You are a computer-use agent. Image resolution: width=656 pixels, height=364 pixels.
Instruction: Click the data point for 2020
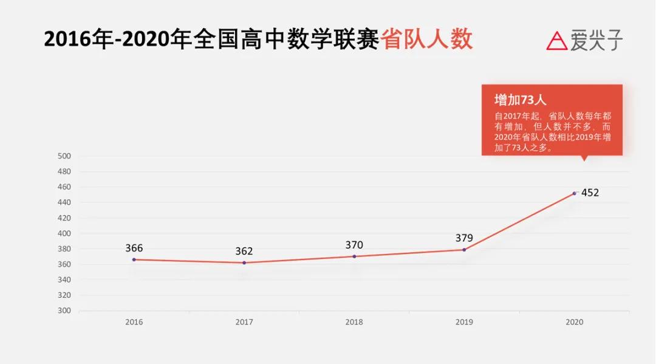click(x=574, y=193)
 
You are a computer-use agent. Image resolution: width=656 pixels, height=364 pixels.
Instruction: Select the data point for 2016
click(x=134, y=259)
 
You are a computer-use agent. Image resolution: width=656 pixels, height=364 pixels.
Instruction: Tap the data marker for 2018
click(x=354, y=256)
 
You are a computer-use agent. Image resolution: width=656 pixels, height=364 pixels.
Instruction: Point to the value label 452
click(x=590, y=193)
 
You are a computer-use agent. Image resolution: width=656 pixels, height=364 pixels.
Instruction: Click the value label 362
click(x=244, y=251)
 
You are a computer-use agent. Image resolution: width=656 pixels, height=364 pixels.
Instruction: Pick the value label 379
click(x=464, y=238)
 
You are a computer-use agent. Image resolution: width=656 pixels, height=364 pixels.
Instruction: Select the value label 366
click(x=134, y=248)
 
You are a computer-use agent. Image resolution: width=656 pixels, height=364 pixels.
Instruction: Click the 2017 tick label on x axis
click(x=244, y=322)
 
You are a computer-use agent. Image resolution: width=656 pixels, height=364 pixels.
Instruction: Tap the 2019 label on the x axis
click(x=464, y=322)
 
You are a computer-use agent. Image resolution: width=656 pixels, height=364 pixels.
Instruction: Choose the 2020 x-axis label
click(x=574, y=322)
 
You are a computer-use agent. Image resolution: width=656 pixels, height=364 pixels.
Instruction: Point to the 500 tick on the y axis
click(x=65, y=156)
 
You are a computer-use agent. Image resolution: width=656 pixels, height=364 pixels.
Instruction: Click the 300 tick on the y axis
click(x=65, y=311)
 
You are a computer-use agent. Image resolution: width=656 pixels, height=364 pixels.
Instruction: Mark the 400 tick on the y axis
click(x=65, y=233)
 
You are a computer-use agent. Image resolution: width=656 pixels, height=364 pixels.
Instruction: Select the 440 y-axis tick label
click(x=65, y=202)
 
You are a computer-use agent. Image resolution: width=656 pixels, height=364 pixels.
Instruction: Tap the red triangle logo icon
click(x=556, y=41)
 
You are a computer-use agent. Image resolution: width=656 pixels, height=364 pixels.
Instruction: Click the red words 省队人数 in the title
click(x=427, y=39)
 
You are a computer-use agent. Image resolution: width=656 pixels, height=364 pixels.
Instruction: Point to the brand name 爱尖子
click(x=596, y=41)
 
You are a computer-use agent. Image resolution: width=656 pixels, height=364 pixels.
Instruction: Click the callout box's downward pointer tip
click(x=584, y=160)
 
